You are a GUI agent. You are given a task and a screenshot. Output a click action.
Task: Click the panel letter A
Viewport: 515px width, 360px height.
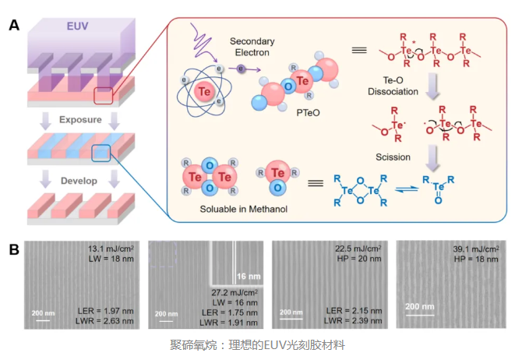[14, 25]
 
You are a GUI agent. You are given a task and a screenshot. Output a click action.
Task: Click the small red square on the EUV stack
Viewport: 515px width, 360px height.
[104, 97]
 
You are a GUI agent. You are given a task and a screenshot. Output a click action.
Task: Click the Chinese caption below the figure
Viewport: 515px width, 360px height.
[257, 345]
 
